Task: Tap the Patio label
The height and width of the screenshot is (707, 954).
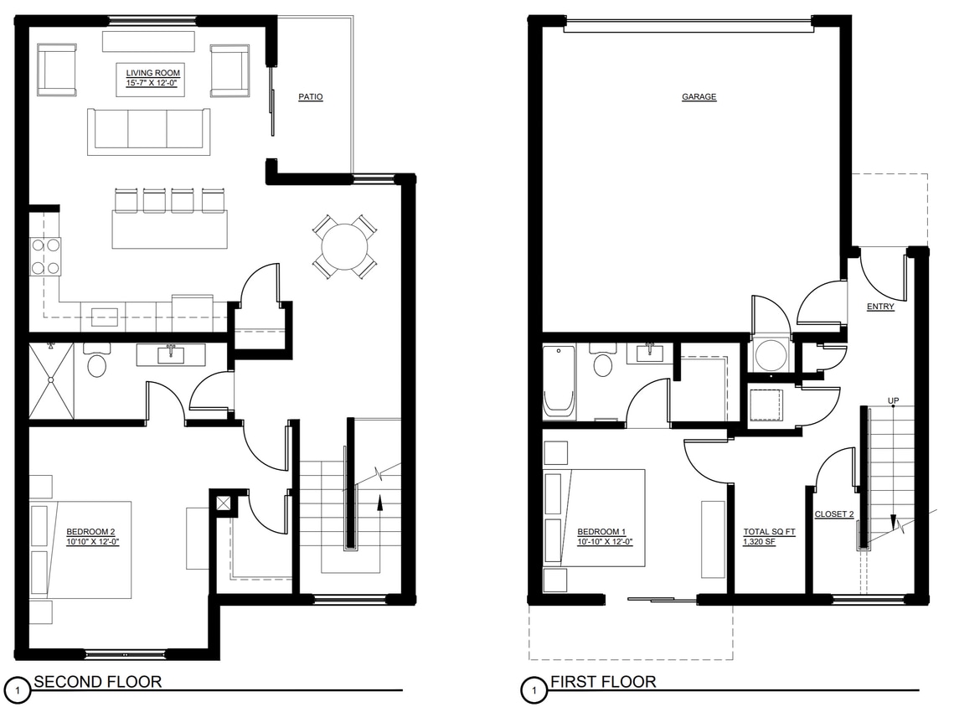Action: coord(310,97)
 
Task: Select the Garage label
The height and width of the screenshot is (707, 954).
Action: coord(699,97)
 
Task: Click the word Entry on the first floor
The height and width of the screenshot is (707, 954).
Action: coord(880,307)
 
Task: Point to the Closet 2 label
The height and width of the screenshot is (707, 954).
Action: coord(834,514)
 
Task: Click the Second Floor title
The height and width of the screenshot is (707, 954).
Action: coord(97,682)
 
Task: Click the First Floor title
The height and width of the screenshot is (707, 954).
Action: coord(603,682)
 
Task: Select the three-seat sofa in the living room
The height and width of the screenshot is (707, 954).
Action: coord(147,131)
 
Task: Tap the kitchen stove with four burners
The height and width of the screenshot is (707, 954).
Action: coord(45,256)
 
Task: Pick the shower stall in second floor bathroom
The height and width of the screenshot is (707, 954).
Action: coord(52,380)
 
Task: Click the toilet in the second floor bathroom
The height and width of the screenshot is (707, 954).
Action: coord(96,362)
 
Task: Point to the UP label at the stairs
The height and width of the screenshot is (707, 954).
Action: coord(893,401)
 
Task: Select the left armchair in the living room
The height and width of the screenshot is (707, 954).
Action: coord(57,70)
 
